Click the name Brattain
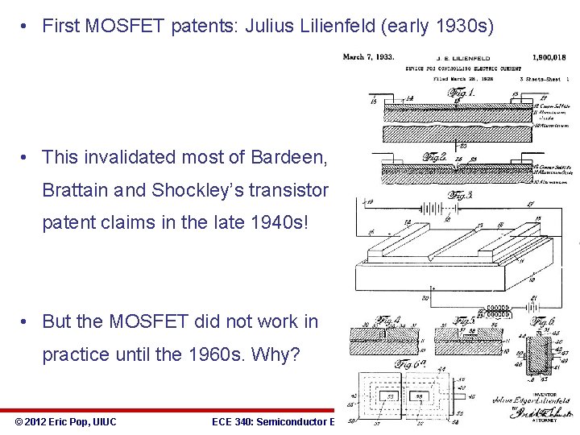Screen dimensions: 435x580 click(x=74, y=190)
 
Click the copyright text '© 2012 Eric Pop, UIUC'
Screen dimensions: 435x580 click(x=65, y=421)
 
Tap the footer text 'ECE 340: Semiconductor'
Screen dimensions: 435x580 click(x=270, y=421)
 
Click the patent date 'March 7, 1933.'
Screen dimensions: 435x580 click(x=368, y=57)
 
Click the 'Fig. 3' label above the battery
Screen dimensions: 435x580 click(x=461, y=195)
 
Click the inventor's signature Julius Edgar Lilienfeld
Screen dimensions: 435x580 click(x=535, y=400)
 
